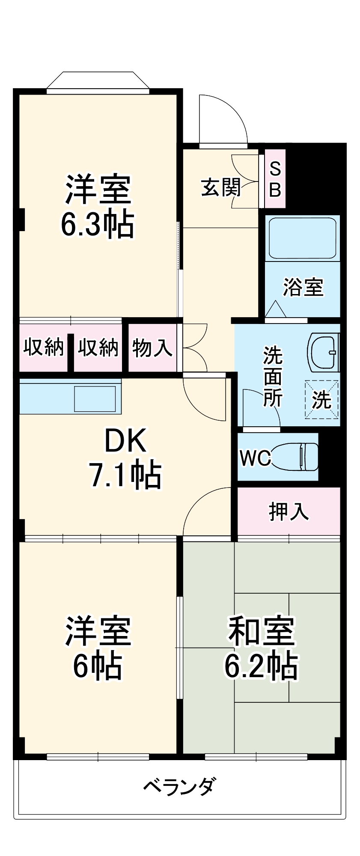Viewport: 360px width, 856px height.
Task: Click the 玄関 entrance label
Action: coord(221,187)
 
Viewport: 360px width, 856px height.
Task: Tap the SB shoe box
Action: coord(275,179)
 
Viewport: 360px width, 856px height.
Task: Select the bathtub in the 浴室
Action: coord(302,238)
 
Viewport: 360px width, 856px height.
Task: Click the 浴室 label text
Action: coord(303,287)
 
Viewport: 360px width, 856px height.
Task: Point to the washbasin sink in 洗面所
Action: coord(324,352)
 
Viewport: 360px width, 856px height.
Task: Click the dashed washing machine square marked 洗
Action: coord(321,399)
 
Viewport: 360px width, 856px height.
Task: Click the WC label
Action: coord(255,458)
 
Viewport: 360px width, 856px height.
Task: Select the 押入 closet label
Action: coord(289,511)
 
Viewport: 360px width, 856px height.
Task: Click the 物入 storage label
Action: coord(152,347)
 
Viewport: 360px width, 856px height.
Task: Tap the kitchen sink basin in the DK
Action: coord(95,399)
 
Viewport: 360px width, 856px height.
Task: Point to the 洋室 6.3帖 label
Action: coord(98,206)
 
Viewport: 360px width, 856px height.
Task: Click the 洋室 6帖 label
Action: coord(98,648)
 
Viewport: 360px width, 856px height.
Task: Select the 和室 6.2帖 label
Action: coord(262,648)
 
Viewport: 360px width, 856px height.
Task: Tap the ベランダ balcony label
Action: coord(180,786)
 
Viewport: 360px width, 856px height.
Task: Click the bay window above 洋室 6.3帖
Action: coord(98,83)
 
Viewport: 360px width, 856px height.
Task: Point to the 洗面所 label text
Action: coord(273,376)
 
